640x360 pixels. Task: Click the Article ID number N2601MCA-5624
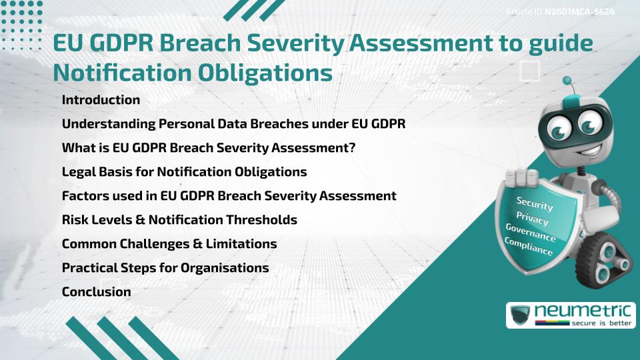(579, 12)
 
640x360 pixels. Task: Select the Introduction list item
(101, 100)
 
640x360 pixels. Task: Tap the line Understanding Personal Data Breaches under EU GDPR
(233, 124)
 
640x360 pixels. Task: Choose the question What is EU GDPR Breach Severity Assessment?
(208, 148)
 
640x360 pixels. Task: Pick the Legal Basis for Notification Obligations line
(184, 172)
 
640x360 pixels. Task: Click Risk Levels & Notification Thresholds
(179, 220)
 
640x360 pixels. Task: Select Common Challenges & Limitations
(169, 244)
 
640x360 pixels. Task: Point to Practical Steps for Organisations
(165, 268)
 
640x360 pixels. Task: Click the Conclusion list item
(96, 292)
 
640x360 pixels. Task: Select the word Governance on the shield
(531, 233)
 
